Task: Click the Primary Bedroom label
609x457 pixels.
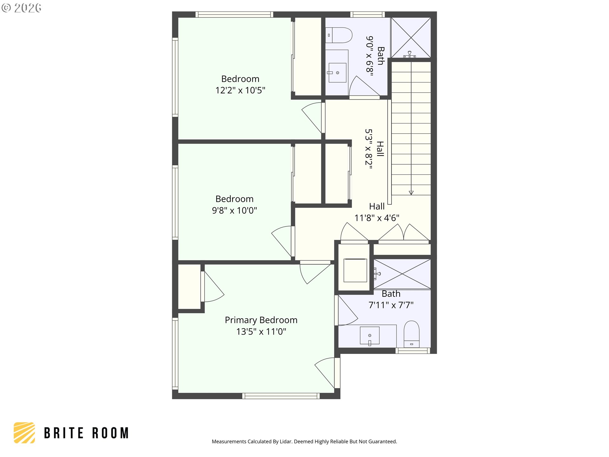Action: [x=261, y=320]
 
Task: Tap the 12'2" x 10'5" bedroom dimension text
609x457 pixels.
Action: [x=240, y=90]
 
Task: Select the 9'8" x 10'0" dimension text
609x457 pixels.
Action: [x=234, y=210]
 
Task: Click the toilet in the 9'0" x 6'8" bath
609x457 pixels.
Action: [x=339, y=35]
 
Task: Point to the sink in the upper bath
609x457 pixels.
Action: [x=337, y=73]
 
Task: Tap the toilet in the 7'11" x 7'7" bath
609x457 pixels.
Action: [x=411, y=334]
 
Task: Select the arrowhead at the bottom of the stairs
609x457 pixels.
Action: [x=411, y=193]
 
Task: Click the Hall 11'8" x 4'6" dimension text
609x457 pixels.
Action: [x=377, y=218]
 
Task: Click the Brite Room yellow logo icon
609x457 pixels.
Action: [x=24, y=433]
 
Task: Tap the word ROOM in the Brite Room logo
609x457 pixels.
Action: [x=110, y=433]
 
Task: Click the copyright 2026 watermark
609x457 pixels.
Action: [x=21, y=8]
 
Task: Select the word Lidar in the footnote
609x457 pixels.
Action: [x=286, y=441]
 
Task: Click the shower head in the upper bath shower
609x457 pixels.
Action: [x=409, y=54]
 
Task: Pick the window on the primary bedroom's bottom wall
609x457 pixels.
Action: [x=281, y=396]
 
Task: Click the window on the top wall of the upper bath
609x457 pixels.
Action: [x=368, y=14]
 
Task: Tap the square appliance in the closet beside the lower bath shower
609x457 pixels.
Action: [x=355, y=270]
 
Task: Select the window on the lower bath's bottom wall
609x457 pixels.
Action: [x=413, y=351]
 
